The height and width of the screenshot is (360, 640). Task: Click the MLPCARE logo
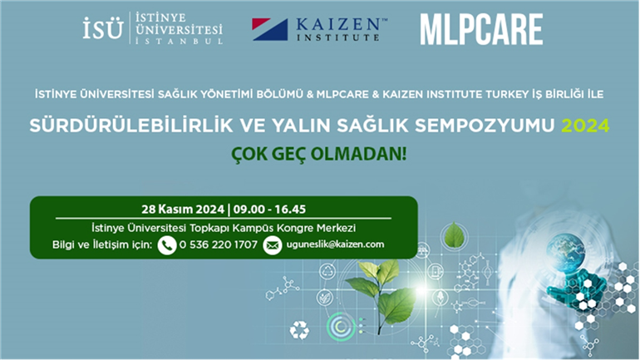(x=481, y=29)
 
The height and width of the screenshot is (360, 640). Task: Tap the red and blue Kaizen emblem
(x=270, y=29)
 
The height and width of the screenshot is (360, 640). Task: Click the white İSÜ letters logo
(x=103, y=28)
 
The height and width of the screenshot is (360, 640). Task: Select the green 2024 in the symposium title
(x=585, y=126)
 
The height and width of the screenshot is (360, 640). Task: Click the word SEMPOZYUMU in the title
(x=485, y=126)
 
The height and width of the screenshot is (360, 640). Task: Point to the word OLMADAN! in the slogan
(x=359, y=155)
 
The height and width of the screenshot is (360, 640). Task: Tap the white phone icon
(x=167, y=245)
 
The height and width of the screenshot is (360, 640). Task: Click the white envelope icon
(x=273, y=245)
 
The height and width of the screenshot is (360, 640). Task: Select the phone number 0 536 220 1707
(x=219, y=245)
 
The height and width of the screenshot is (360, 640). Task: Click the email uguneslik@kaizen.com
(x=335, y=244)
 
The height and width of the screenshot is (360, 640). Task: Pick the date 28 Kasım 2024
(x=183, y=210)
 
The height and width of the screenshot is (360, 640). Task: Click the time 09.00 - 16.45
(x=270, y=210)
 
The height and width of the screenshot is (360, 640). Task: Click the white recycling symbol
(x=299, y=330)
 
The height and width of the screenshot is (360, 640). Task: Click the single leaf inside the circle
(x=453, y=235)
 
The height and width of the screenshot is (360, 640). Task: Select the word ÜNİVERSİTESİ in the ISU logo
(x=180, y=29)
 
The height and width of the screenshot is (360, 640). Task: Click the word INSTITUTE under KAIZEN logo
(x=338, y=37)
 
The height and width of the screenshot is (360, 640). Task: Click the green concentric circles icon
(x=341, y=326)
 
